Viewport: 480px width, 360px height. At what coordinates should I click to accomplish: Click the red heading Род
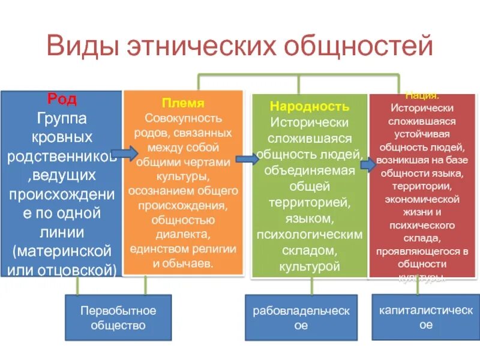pos(62,98)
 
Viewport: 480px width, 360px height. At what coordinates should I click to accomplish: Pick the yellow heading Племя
pos(183,103)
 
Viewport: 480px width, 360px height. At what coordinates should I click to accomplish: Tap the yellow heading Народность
pos(309,107)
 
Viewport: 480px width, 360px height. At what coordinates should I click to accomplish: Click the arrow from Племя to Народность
pos(247,160)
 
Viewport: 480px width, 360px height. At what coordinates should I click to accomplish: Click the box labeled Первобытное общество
pos(118,318)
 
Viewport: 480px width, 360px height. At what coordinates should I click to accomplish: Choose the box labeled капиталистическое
pos(425,317)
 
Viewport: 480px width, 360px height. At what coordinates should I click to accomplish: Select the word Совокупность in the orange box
pos(183,118)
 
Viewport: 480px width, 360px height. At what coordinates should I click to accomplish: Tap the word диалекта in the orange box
pos(183,235)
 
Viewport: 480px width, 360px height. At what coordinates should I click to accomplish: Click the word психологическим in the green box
pos(309,233)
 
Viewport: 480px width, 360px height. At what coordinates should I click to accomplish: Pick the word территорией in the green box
pos(309,202)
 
